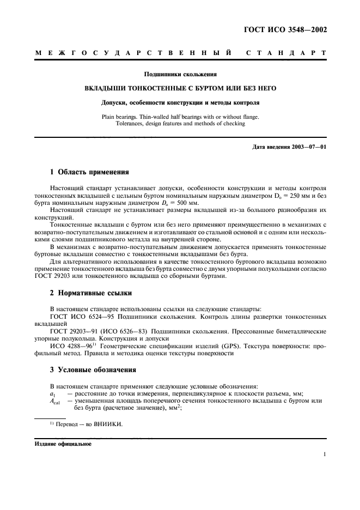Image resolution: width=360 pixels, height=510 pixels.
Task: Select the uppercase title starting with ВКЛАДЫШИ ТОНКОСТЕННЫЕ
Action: pos(180,88)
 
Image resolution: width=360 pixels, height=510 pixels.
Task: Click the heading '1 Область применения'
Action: pos(89,173)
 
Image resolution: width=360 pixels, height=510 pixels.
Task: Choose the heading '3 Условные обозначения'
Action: pos(93,369)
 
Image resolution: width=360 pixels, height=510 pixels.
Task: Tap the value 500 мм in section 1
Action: pos(161,202)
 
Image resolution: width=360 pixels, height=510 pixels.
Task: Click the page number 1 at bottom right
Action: pos(324,453)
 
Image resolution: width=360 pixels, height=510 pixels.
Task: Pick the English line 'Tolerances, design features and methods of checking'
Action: pos(180,123)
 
